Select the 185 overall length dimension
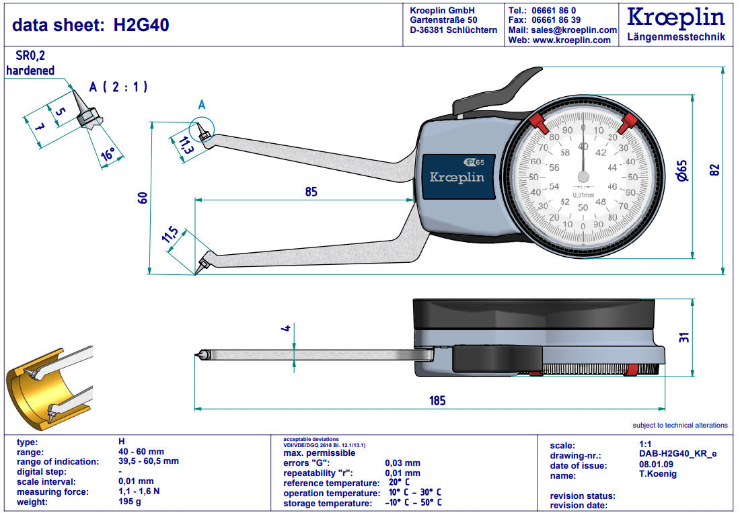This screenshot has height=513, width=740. coord(437,401)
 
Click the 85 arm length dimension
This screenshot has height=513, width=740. coord(310,192)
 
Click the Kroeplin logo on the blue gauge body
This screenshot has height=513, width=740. coord(457,177)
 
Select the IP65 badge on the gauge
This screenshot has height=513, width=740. coord(478,161)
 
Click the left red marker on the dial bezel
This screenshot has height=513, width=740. coord(538,122)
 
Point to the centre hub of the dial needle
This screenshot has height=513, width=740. coord(583,176)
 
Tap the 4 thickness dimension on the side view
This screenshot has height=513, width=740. coord(286,328)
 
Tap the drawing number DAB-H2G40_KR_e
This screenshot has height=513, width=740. coord(677,455)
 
